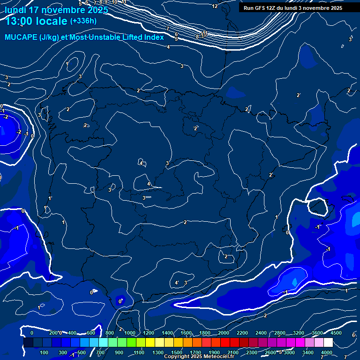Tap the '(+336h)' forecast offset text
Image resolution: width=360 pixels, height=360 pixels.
[83, 21]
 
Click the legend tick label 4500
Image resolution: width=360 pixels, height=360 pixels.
[336, 333]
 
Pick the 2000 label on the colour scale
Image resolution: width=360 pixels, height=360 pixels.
[224, 333]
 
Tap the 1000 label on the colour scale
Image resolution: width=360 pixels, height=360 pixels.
[130, 333]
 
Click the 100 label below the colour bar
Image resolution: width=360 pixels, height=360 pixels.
[44, 352]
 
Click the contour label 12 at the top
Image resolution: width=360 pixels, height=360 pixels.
[215, 6]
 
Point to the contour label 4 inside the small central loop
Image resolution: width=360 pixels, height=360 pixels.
[141, 163]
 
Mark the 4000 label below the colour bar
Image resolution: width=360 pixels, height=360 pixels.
[327, 352]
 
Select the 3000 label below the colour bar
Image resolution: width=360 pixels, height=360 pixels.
[289, 352]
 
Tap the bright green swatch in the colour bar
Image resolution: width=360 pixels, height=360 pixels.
[122, 343]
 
